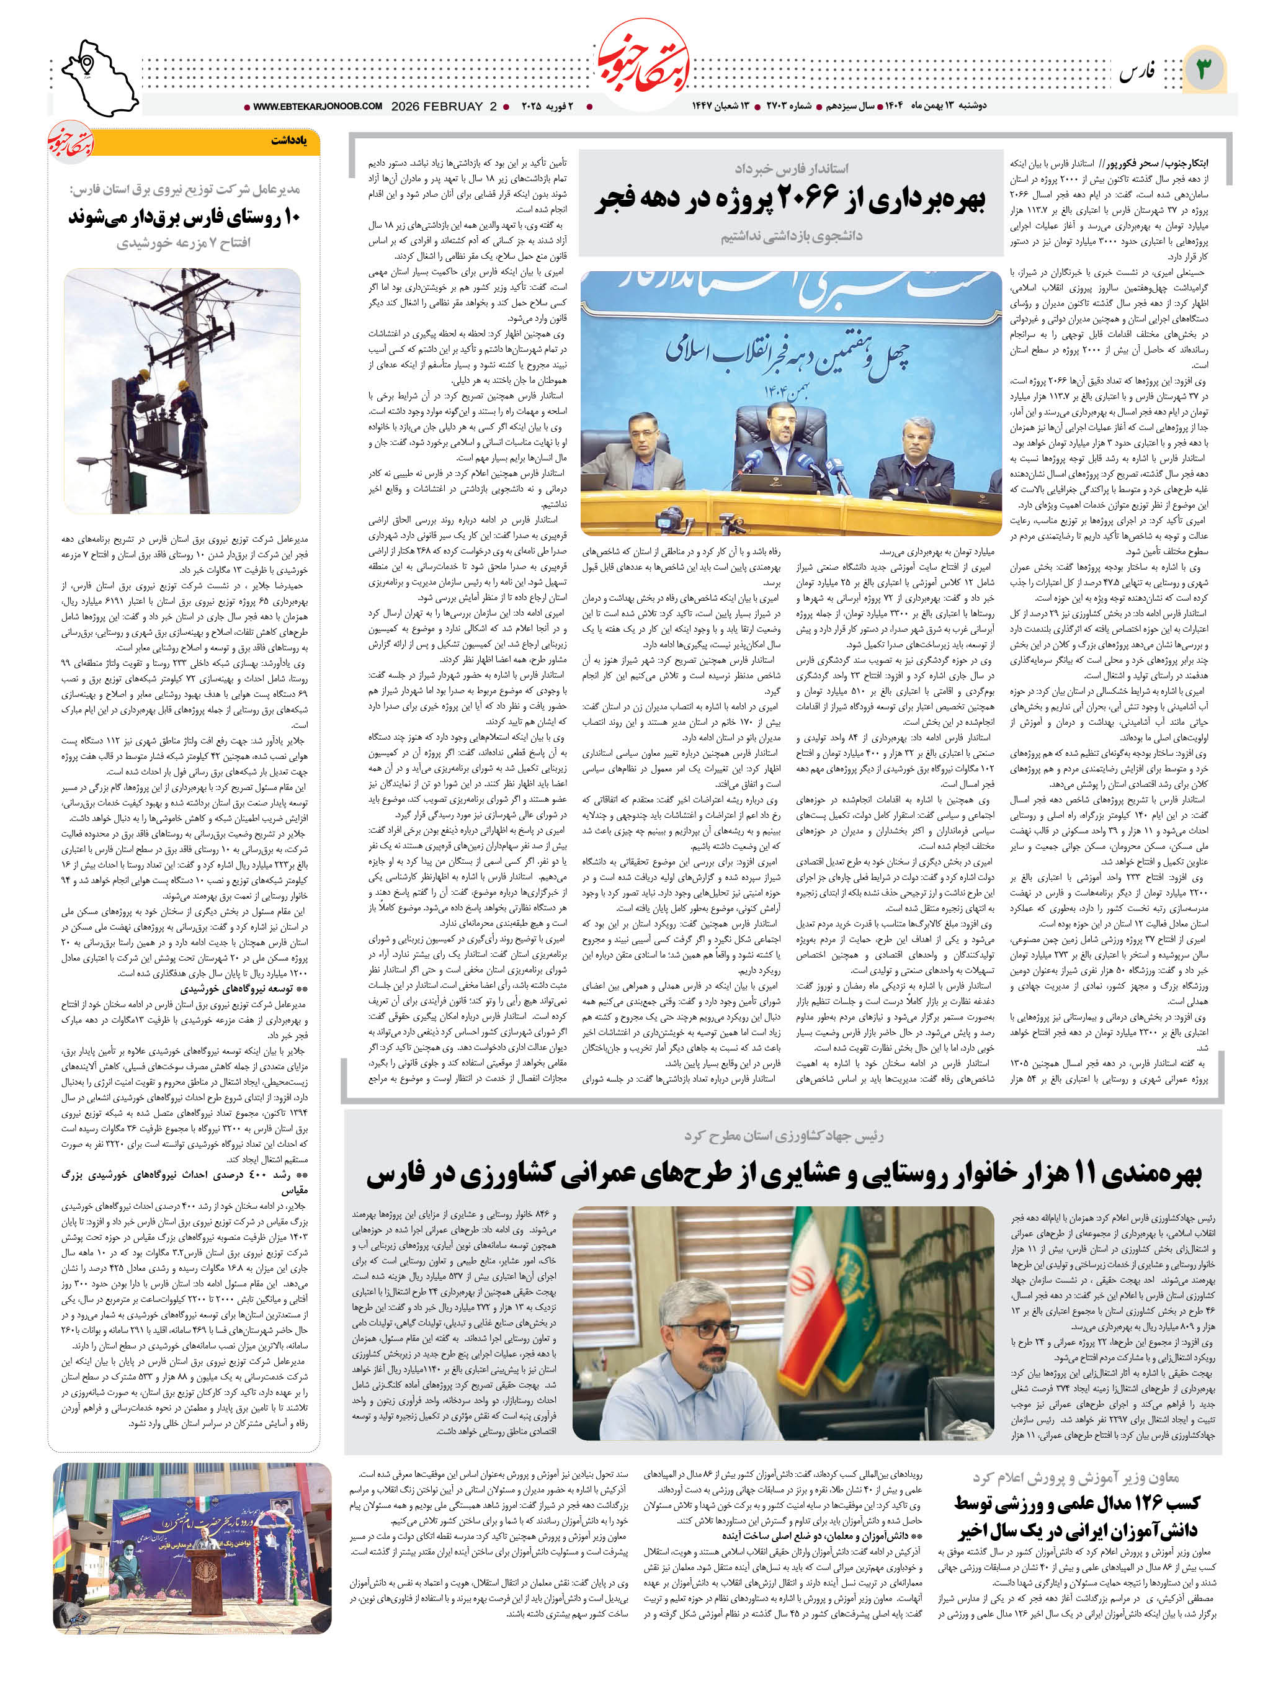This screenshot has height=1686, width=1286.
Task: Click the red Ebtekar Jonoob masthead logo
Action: click(x=643, y=68)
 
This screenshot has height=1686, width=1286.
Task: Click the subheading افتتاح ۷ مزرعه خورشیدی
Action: click(x=184, y=243)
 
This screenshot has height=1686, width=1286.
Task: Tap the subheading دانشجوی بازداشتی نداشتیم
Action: click(x=791, y=236)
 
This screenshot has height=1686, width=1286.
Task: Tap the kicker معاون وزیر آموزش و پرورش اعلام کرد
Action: click(x=1076, y=1477)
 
